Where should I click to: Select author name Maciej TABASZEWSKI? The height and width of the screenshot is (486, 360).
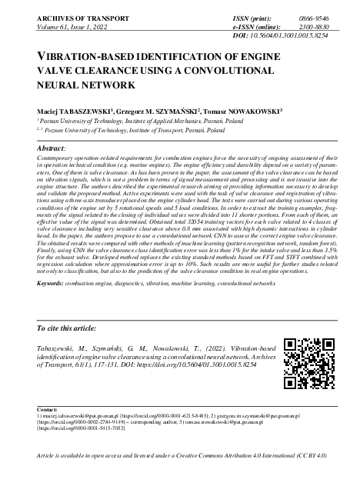click(68, 111)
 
